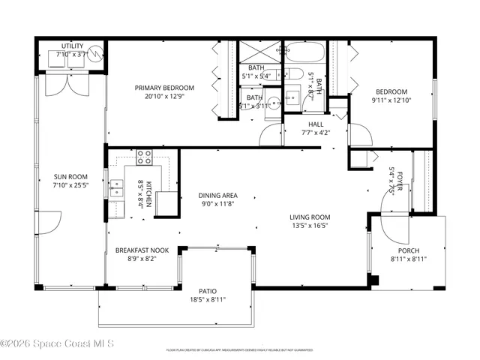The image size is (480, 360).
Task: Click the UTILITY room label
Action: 72,46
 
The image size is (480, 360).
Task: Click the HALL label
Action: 316,124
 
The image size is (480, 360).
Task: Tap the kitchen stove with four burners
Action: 145,158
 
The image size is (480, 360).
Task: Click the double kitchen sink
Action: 115,188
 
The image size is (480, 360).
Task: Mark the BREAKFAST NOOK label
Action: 142,250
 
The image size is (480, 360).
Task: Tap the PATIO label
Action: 207,289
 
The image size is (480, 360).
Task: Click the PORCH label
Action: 409,250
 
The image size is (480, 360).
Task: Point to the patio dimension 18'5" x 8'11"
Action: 207,299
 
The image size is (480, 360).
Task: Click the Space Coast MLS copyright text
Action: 58,344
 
